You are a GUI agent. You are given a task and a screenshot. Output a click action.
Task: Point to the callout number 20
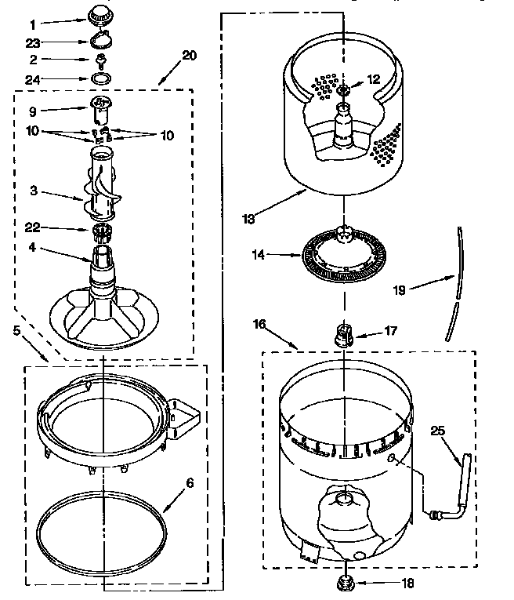[189, 55]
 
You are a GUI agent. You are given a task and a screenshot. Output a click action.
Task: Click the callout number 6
[188, 483]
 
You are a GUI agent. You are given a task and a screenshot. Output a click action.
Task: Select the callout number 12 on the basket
[373, 78]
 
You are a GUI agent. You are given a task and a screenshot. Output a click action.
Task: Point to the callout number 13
[248, 220]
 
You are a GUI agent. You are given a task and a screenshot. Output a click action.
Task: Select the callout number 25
[437, 429]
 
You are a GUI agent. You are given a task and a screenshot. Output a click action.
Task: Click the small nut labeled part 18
[343, 582]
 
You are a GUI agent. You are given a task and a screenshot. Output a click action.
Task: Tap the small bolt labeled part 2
[101, 60]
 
